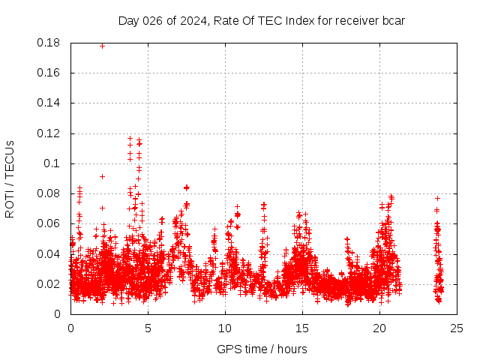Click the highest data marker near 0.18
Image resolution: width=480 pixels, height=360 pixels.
tap(103, 46)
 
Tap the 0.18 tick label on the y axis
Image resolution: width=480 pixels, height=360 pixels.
tap(49, 43)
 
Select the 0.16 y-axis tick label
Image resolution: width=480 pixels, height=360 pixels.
tap(49, 73)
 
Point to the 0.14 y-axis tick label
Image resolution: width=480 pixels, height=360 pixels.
tap(49, 103)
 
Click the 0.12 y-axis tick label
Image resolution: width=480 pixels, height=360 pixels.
tap(49, 133)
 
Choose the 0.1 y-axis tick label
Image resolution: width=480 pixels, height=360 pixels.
tap(53, 163)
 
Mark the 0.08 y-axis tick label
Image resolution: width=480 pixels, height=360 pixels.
tap(49, 193)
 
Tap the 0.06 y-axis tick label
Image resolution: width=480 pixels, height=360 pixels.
tap(49, 223)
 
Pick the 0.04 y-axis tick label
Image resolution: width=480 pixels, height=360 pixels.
tap(49, 253)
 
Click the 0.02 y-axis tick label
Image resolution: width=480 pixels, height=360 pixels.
tap(49, 284)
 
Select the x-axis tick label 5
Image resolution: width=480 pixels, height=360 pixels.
tap(148, 328)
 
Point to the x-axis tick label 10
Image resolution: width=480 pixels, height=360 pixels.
tap(225, 328)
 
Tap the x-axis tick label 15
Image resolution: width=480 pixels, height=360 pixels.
tap(302, 328)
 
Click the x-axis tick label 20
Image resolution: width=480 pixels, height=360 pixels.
tap(379, 328)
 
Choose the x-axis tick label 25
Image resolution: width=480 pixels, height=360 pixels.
tap(457, 328)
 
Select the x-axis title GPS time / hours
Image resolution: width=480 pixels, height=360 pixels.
tap(262, 349)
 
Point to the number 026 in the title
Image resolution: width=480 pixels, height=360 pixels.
tap(152, 20)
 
